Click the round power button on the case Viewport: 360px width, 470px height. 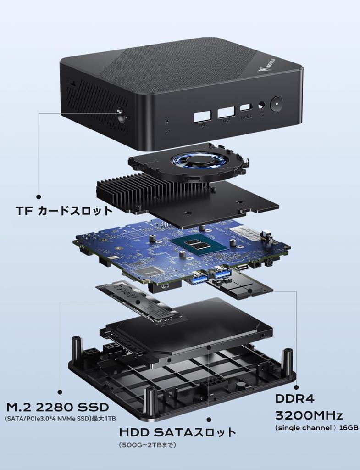pos(277,104)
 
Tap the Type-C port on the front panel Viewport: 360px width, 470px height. pos(246,108)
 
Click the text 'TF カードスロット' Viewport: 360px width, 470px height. pos(64,211)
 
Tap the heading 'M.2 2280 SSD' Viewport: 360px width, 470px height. pos(58,407)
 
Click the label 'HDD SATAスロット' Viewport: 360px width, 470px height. pos(177,432)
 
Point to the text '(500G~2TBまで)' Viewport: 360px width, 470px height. pos(148,445)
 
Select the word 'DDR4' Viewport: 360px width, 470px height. pos(294,398)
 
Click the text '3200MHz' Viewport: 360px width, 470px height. pos(309,416)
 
